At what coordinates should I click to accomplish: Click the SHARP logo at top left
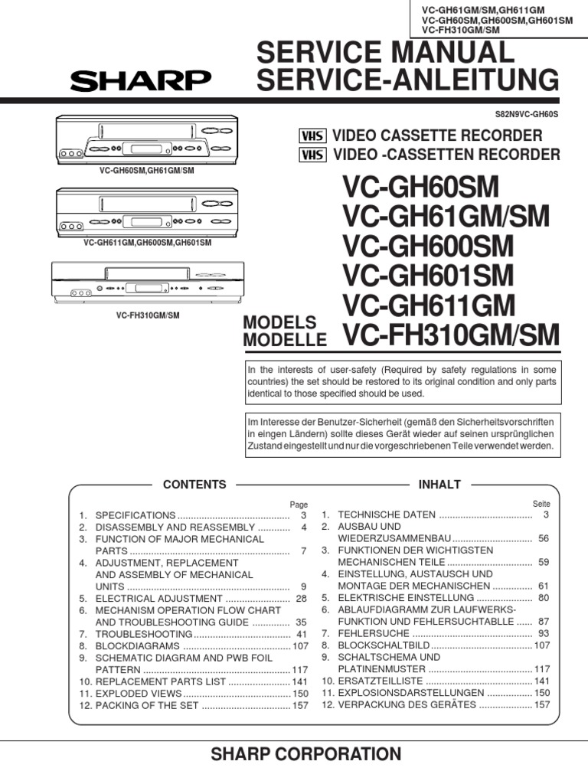click(141, 80)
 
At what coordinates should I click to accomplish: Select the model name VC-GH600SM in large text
click(428, 247)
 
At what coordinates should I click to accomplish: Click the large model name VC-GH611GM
click(429, 305)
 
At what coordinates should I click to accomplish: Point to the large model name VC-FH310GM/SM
click(452, 335)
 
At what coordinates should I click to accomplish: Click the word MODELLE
click(285, 340)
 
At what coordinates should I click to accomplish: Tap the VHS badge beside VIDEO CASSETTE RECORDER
click(312, 136)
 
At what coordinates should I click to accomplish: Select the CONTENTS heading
click(195, 485)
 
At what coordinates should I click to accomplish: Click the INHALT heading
click(439, 485)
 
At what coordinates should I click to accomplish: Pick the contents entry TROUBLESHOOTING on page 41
click(143, 635)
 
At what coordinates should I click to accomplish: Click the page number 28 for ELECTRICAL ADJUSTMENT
click(301, 598)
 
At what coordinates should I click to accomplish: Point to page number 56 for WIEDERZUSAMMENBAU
click(544, 539)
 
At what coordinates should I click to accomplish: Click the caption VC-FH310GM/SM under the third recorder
click(148, 315)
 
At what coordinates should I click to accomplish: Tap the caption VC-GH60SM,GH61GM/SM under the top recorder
click(146, 170)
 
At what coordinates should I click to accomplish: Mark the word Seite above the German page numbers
click(541, 504)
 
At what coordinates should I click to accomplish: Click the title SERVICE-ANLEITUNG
click(407, 80)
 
